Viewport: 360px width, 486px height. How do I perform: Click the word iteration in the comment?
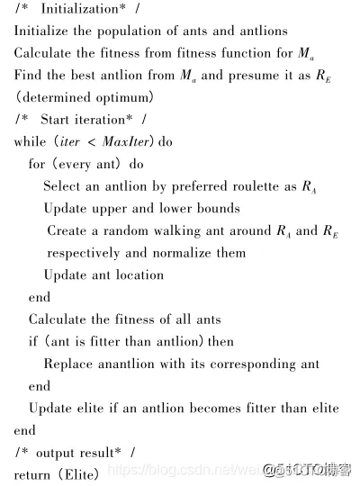point(101,120)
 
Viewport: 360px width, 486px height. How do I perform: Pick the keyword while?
point(31,142)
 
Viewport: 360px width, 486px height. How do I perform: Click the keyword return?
point(32,473)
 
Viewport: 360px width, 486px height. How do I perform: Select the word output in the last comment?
point(57,452)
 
